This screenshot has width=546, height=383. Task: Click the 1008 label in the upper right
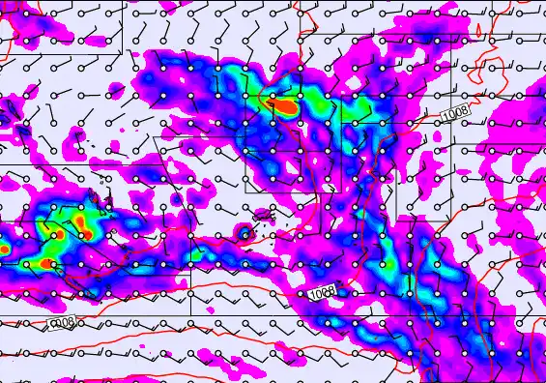point(455,112)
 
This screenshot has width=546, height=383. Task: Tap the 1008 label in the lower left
point(62,323)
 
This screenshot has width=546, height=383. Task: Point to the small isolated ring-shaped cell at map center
point(245,233)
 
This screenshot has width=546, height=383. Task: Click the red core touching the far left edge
point(3,249)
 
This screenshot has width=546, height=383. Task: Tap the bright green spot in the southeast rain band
point(410,284)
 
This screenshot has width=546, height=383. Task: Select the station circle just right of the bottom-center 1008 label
point(355,291)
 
